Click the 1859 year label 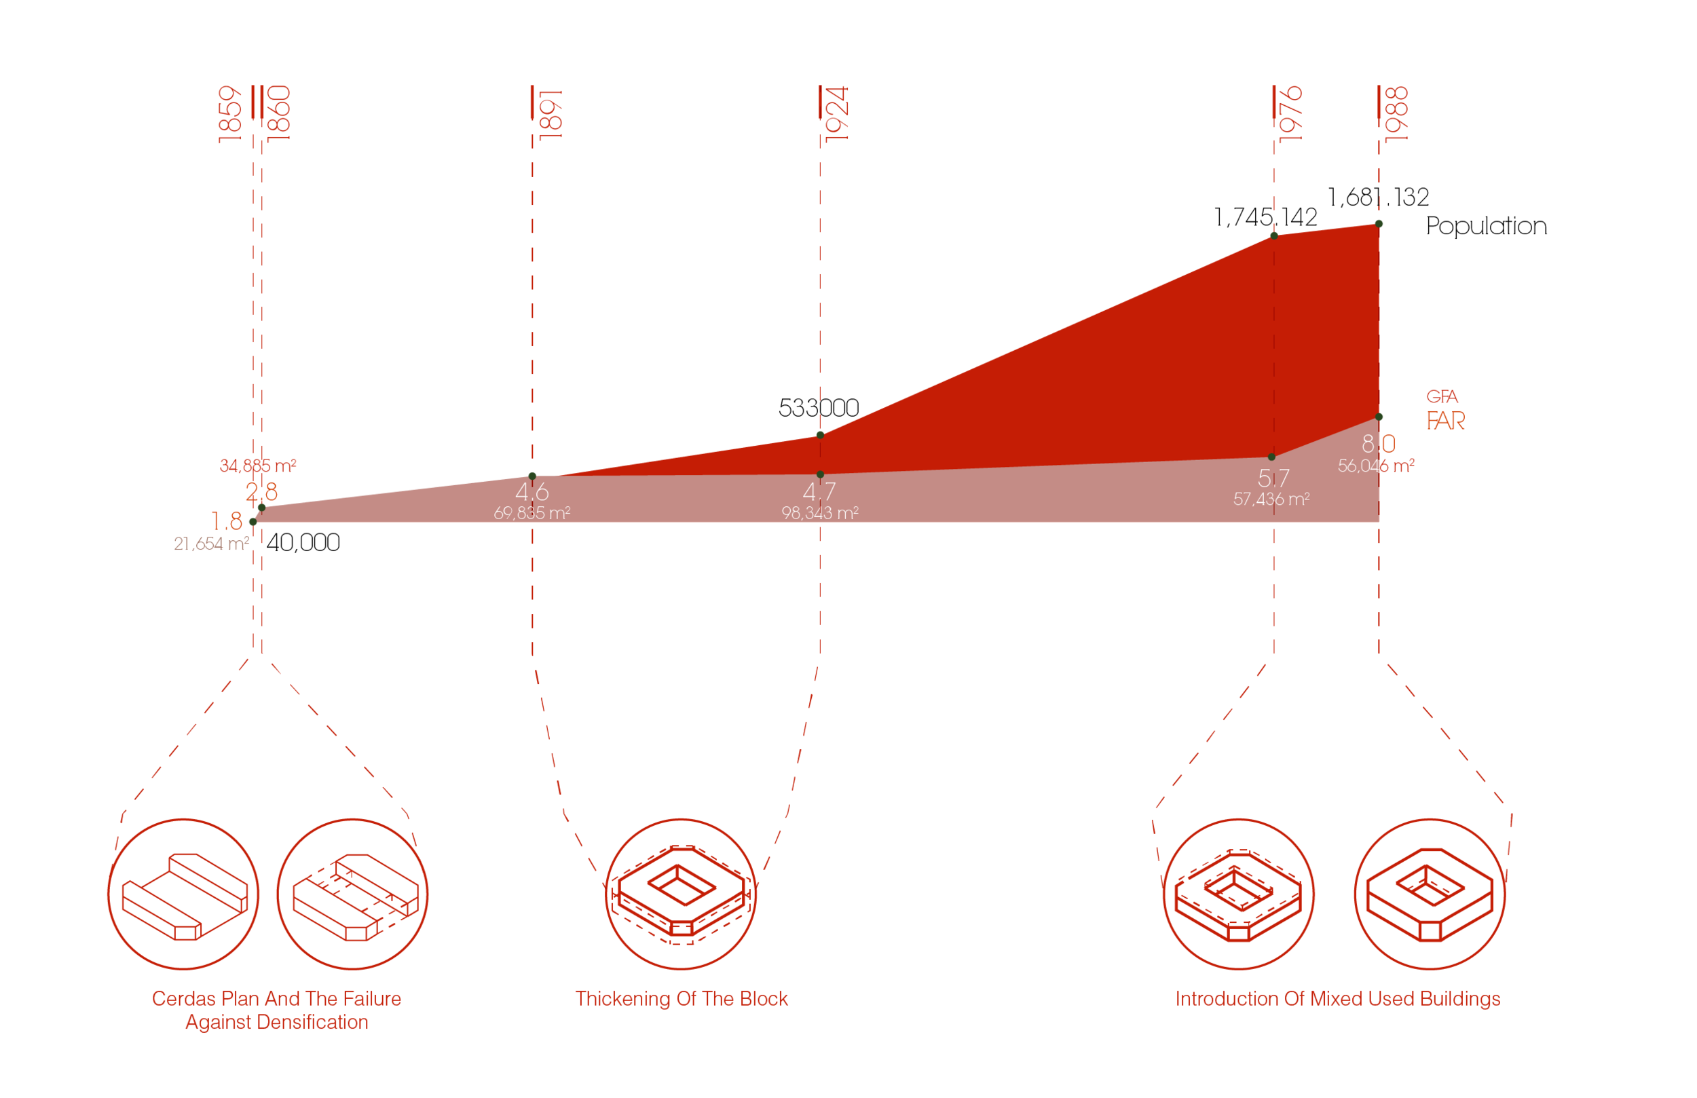pos(230,114)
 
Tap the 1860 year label pos(279,113)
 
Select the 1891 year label pos(551,114)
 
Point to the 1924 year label pos(837,114)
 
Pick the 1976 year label pos(1290,114)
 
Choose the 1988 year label pos(1396,114)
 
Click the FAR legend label pos(1445,421)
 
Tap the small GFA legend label pos(1442,396)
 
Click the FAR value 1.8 pos(227,521)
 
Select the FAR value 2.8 pos(262,492)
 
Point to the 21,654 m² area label pos(211,544)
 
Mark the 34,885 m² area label pos(258,466)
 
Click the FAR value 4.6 pos(532,492)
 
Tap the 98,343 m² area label pos(820,512)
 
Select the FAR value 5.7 pos(1273,478)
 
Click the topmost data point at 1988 pos(1379,224)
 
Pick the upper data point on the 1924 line pos(820,434)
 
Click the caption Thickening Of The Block pos(682,998)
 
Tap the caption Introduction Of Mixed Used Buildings pos(1338,998)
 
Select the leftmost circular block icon pos(183,894)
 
